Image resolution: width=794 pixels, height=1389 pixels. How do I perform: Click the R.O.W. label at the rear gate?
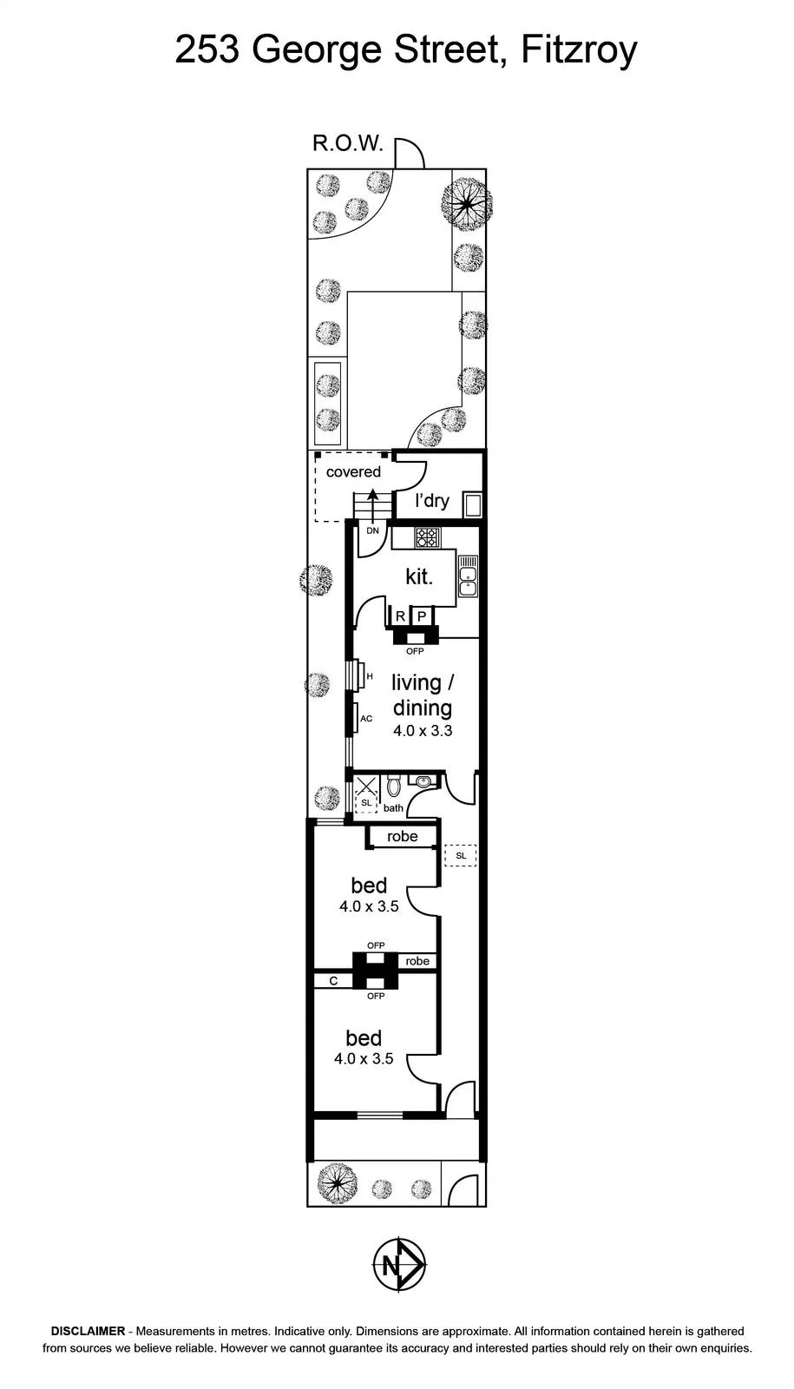tap(347, 143)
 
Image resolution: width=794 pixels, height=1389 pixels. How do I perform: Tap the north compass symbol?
tap(399, 1264)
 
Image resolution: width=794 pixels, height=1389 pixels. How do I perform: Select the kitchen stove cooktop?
tap(427, 537)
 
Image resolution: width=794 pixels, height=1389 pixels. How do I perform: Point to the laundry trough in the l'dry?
tap(473, 504)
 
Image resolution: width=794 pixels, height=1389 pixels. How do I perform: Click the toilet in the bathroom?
tap(394, 787)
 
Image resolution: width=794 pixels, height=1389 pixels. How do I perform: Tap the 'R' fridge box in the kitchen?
tap(400, 616)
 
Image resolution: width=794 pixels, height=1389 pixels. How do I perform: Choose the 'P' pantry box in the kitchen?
tap(422, 616)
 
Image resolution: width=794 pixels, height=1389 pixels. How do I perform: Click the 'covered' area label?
tap(353, 472)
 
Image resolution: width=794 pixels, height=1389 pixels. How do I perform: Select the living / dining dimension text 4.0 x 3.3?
tap(423, 730)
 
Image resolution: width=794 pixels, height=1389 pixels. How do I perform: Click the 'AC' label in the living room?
tap(366, 719)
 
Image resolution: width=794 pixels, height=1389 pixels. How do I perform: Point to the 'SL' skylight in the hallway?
tap(461, 856)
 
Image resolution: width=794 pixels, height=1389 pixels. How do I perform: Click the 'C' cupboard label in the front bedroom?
tap(333, 981)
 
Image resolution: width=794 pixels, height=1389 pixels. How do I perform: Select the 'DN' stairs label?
tap(372, 530)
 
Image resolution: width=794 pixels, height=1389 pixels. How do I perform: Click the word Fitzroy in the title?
tap(579, 51)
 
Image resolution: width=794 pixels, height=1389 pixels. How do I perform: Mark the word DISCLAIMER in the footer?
tap(88, 1331)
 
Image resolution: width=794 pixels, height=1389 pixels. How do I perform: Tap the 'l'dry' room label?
tap(432, 500)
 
